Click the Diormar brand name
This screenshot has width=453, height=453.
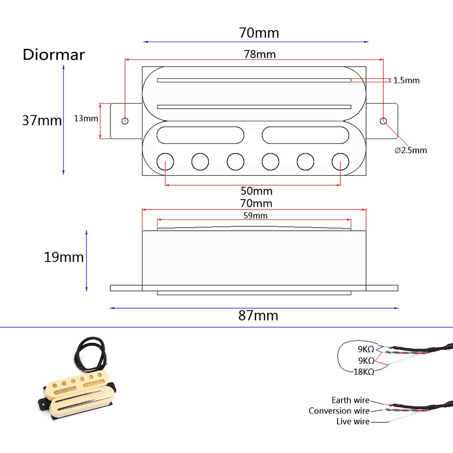pyautogui.click(x=53, y=55)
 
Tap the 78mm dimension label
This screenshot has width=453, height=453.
pyautogui.click(x=260, y=54)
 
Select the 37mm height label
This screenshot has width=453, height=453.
pyautogui.click(x=42, y=120)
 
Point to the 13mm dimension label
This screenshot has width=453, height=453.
pyautogui.click(x=86, y=119)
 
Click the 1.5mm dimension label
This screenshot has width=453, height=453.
pyautogui.click(x=406, y=81)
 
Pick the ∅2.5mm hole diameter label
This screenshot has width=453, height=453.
pyautogui.click(x=410, y=150)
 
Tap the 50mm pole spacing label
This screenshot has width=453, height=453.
pyautogui.click(x=256, y=191)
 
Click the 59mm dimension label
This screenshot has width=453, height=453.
pyautogui.click(x=256, y=215)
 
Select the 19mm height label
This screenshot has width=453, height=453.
pyautogui.click(x=63, y=257)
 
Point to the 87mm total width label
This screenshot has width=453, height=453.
pyautogui.click(x=258, y=315)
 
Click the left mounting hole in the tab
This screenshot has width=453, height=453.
pyautogui.click(x=125, y=121)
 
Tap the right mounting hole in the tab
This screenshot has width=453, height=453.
pyautogui.click(x=383, y=121)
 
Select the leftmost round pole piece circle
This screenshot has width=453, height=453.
pyautogui.click(x=165, y=161)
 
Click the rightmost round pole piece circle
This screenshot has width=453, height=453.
pyautogui.click(x=340, y=161)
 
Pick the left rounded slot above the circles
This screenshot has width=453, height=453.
pyautogui.click(x=200, y=135)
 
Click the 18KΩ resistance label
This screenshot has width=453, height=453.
pyautogui.click(x=363, y=372)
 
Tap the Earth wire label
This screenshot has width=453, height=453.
pyautogui.click(x=350, y=400)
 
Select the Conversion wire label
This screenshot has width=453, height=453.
pyautogui.click(x=339, y=411)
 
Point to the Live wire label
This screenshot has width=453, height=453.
pyautogui.click(x=353, y=421)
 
